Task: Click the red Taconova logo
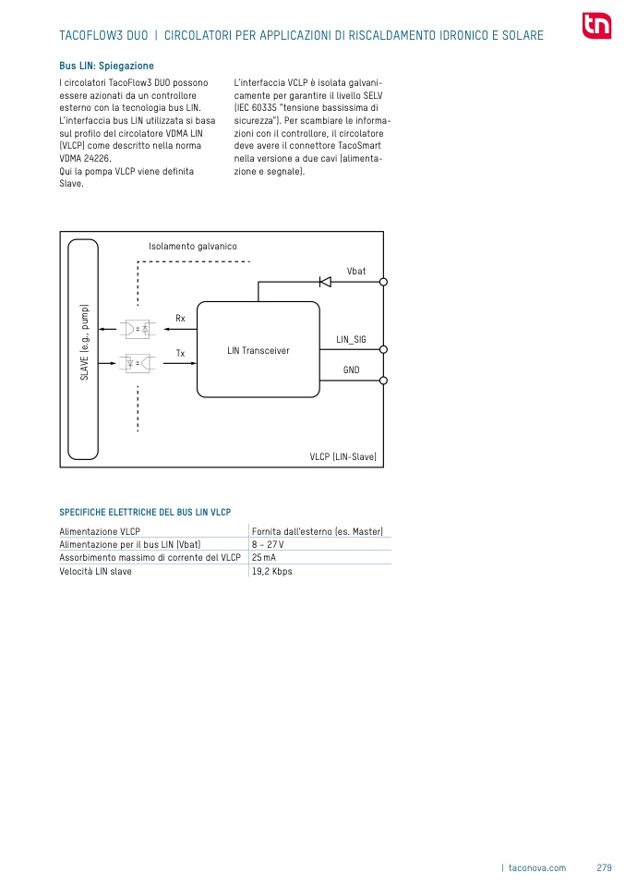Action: coord(596,26)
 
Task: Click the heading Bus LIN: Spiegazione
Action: coord(106,67)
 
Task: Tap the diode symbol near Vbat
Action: coord(325,282)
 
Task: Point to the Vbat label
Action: coord(356,271)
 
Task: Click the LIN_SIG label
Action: coord(351,340)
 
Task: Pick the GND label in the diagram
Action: coord(351,370)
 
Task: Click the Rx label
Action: coord(180,319)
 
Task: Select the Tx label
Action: coord(180,354)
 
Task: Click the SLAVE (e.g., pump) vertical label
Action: coord(84,343)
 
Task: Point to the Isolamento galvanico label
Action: coord(193,247)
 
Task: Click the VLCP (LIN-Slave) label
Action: coord(343,457)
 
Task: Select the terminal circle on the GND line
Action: coord(383,381)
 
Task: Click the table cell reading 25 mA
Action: coord(264,558)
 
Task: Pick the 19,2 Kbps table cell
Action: coord(271,572)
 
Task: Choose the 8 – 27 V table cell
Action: coord(268,545)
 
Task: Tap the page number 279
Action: coord(604,867)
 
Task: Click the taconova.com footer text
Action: coord(537,867)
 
